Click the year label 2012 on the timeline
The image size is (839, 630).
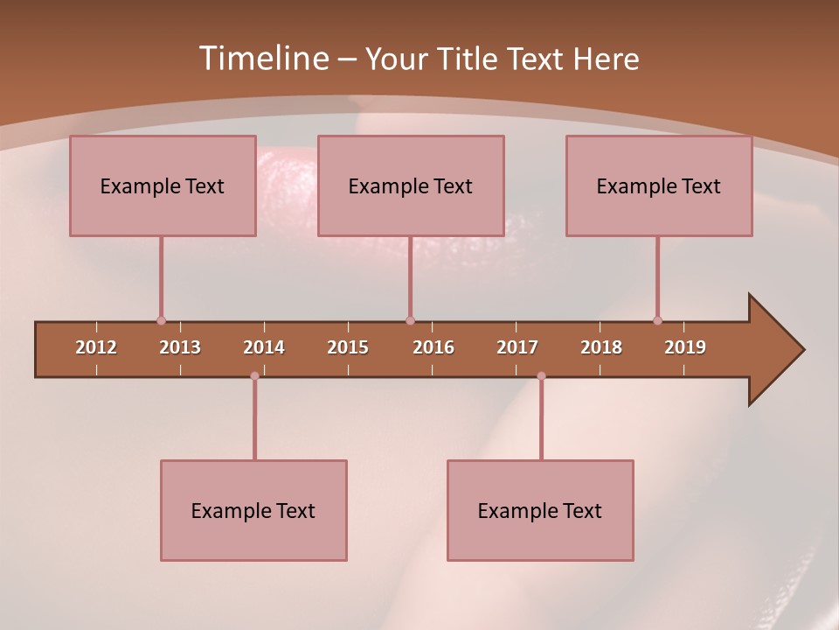coord(96,347)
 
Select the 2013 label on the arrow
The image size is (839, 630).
coord(180,347)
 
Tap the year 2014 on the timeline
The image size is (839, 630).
coord(264,347)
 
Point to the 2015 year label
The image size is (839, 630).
coord(348,347)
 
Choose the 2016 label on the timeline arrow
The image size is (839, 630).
coord(433,347)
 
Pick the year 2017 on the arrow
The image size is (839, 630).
coord(517,347)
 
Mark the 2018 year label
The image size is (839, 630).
coord(601,347)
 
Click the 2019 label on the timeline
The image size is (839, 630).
coord(685,347)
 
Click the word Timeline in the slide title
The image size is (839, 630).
coord(262,59)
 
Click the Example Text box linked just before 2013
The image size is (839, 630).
coord(163,185)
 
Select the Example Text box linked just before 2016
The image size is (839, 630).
coord(411,185)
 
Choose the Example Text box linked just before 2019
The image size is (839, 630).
coord(659,185)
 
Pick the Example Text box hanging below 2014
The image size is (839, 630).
coord(253,510)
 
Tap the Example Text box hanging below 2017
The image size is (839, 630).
coord(540,510)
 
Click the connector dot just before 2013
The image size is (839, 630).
coord(161,320)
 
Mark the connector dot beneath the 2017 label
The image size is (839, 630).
coord(541,376)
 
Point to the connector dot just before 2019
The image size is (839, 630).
coord(657,320)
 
